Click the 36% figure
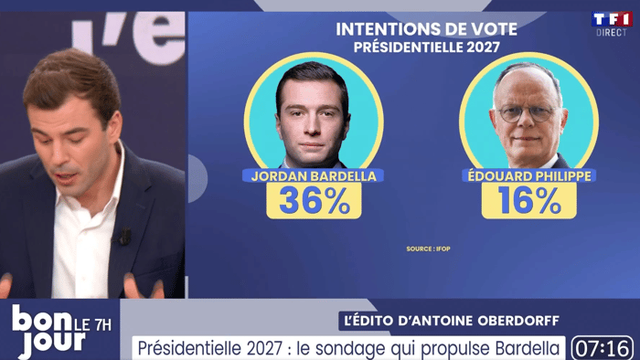(x=314, y=200)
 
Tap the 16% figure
(x=529, y=200)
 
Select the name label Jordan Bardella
(x=314, y=176)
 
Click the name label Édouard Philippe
(x=529, y=176)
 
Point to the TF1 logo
(x=612, y=19)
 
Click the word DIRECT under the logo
(x=612, y=33)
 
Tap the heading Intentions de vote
(x=427, y=29)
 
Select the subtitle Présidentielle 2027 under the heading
(x=427, y=48)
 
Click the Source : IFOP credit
(x=428, y=249)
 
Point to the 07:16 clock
(x=603, y=349)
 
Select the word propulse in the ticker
(x=442, y=349)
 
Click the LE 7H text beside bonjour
(x=93, y=325)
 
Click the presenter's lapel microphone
(x=124, y=237)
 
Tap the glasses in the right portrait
(x=527, y=113)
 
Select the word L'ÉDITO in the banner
(x=369, y=321)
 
